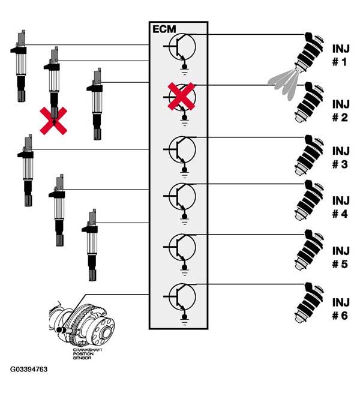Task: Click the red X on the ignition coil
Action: pos(53,120)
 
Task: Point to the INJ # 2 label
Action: pos(340,110)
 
